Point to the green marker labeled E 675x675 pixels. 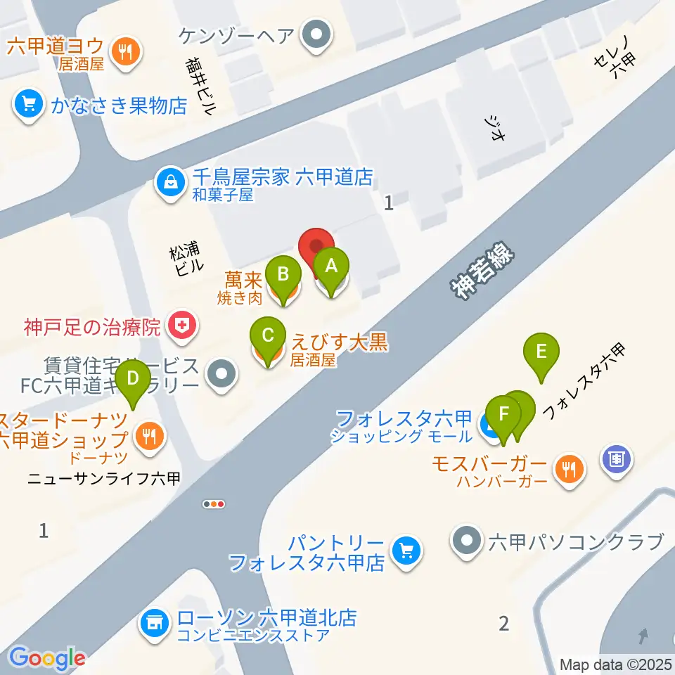pos(541,351)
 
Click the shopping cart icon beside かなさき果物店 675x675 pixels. pos(28,105)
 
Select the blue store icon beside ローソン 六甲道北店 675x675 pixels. pos(153,622)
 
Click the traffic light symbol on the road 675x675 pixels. pos(214,503)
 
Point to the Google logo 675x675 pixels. pos(47,658)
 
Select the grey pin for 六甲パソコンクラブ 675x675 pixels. pos(466,542)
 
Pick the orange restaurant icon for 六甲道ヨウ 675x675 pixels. pos(127,53)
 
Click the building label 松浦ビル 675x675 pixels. pos(186,259)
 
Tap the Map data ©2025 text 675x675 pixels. pos(616,664)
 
